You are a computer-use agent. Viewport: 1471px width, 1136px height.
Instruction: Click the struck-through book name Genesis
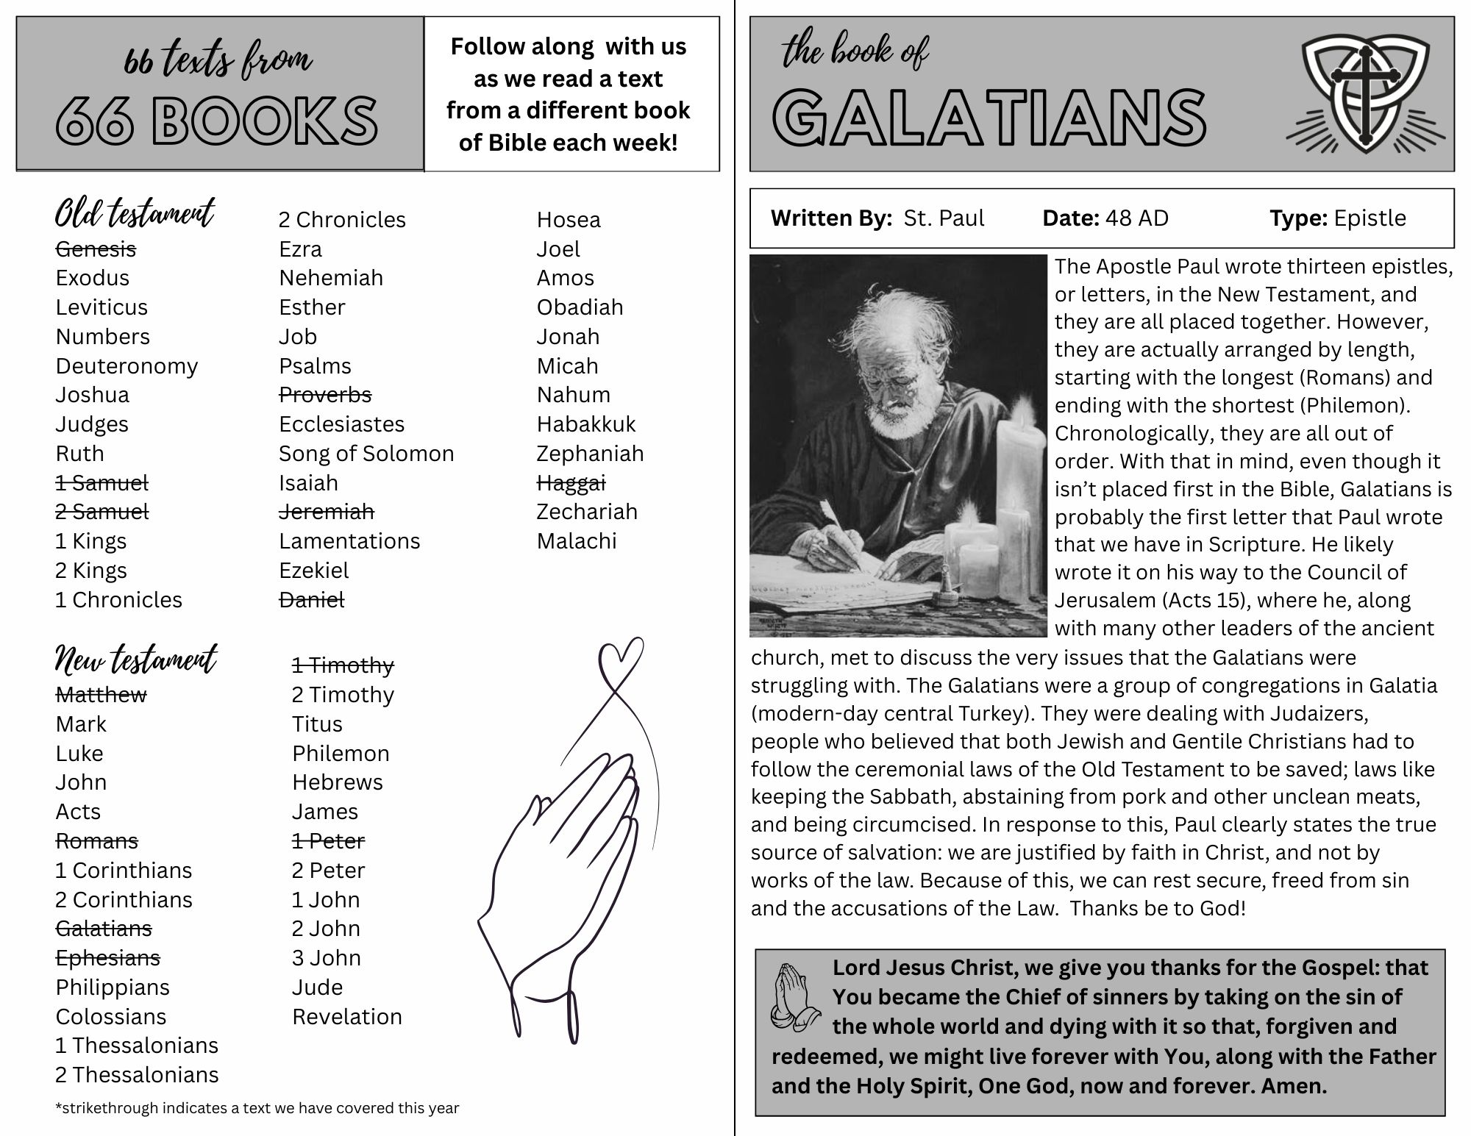tap(96, 249)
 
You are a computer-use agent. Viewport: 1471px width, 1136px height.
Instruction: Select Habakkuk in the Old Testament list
tap(586, 424)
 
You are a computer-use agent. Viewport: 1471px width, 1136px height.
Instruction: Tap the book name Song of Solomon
tap(366, 454)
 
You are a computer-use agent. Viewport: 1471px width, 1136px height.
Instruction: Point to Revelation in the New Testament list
tap(347, 1017)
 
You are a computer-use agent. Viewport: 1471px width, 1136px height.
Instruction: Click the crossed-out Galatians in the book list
tap(104, 929)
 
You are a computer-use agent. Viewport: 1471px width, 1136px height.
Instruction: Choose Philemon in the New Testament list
tap(341, 754)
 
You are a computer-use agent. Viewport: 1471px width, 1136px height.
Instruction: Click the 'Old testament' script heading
tap(135, 214)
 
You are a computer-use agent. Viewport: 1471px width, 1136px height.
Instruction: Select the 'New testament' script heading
tap(136, 660)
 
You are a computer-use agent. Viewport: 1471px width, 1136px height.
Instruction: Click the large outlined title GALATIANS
tap(989, 118)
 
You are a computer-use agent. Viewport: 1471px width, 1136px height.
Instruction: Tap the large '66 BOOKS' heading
tap(217, 120)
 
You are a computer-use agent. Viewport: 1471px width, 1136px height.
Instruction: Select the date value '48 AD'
tap(1136, 218)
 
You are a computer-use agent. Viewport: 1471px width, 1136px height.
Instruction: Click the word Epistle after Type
tap(1370, 218)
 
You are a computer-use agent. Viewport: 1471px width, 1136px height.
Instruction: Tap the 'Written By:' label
tap(831, 218)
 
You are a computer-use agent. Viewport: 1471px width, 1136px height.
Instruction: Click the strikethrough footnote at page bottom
tap(257, 1108)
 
